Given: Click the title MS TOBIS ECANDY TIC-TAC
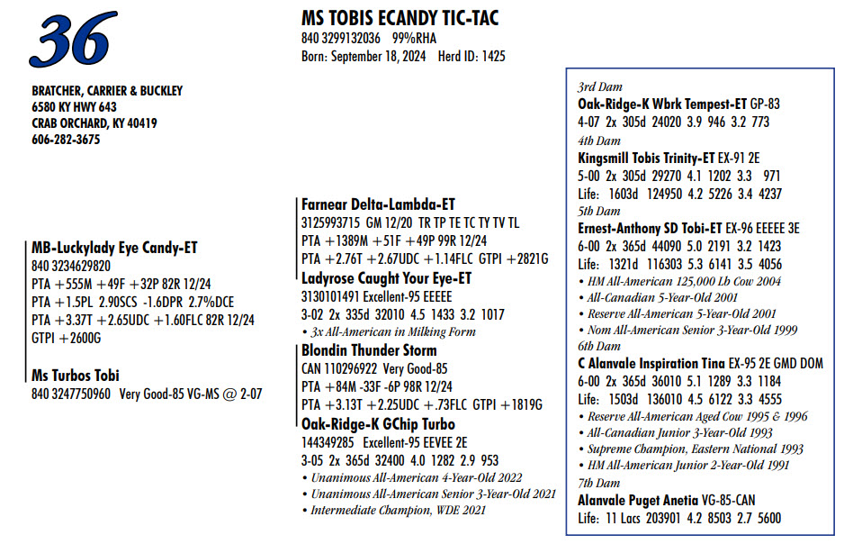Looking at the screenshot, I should [x=400, y=18].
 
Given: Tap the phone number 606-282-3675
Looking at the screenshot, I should [x=66, y=140].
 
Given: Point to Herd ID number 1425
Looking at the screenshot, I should [x=490, y=56].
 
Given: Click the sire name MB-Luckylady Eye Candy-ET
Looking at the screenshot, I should [x=114, y=248].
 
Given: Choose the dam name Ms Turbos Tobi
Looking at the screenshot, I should [x=76, y=376].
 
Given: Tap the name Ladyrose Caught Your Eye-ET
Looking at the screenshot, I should [x=386, y=278].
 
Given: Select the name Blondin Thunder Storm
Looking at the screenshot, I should [x=369, y=350].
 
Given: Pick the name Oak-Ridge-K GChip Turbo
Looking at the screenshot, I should [x=378, y=424].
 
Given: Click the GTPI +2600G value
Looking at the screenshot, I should [x=67, y=337].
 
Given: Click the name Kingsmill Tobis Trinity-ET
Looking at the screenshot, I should [x=646, y=157].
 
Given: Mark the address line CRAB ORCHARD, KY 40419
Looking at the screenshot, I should [x=94, y=123].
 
